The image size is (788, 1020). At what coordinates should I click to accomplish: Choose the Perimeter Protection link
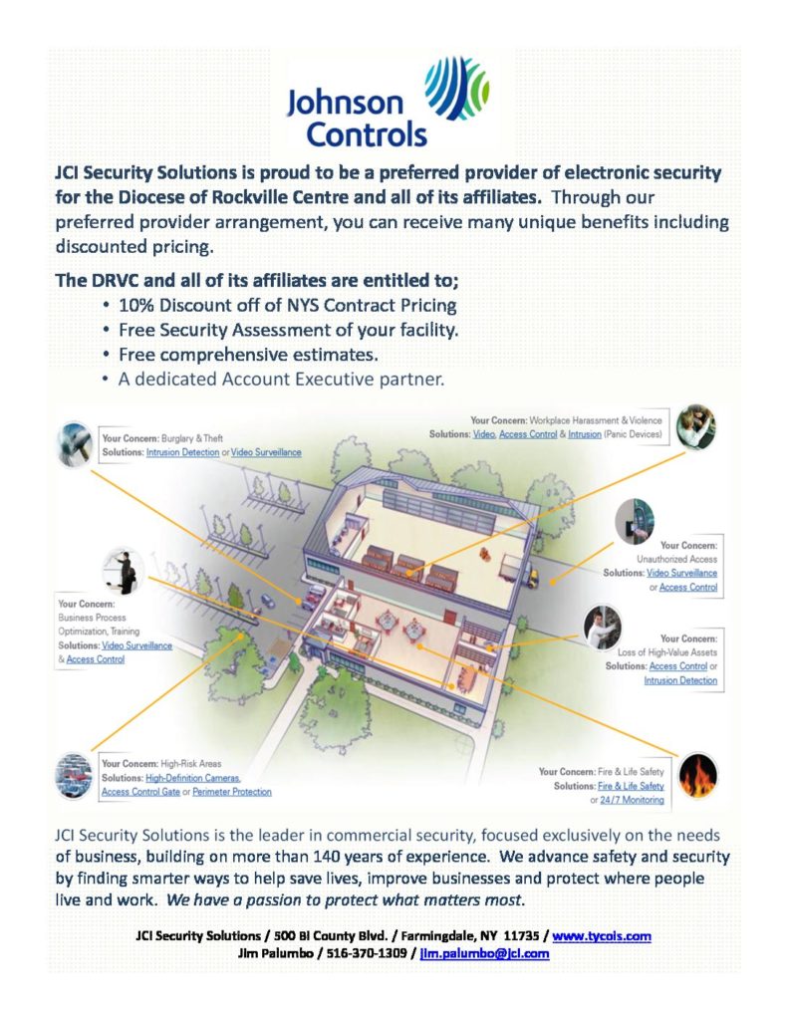tap(231, 791)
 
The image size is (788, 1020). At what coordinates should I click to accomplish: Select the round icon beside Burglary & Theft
tap(78, 443)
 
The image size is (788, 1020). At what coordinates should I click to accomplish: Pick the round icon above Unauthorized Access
tap(634, 519)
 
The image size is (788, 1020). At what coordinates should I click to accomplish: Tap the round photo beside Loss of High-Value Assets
tap(602, 628)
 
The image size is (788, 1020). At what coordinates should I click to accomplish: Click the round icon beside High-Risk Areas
tap(76, 774)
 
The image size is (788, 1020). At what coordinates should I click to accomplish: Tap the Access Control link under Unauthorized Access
tap(688, 588)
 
